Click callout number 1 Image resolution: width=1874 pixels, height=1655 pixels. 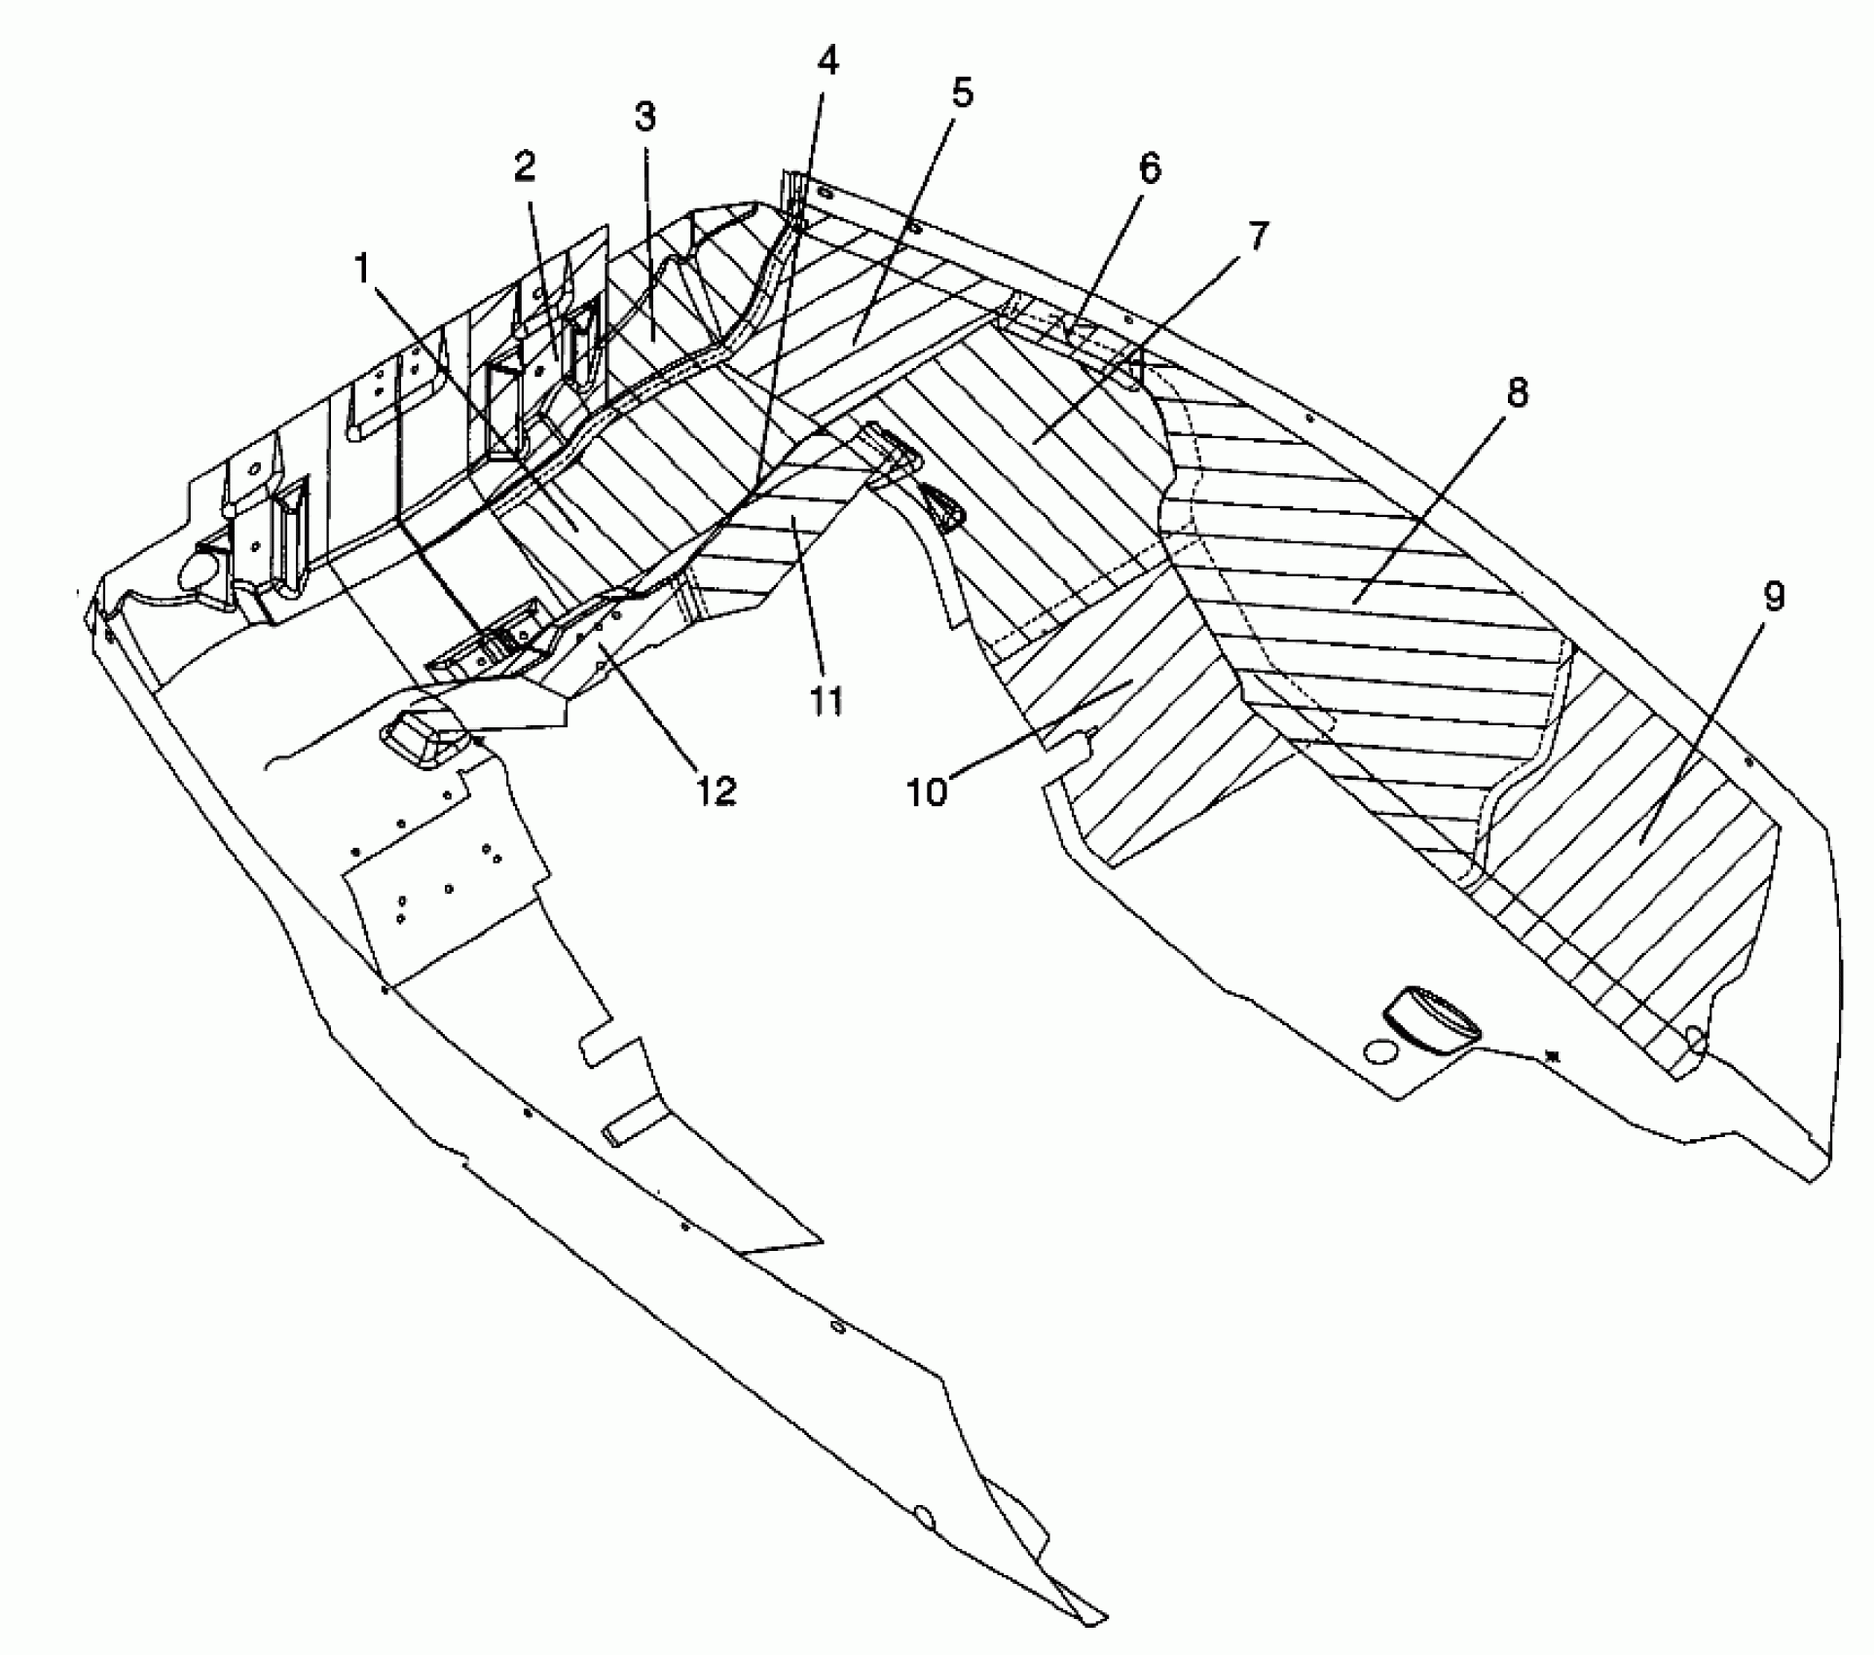tap(363, 268)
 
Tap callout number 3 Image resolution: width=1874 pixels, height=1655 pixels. tap(644, 117)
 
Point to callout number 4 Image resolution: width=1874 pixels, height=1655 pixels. tap(827, 60)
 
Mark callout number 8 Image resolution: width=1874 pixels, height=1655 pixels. tap(1517, 392)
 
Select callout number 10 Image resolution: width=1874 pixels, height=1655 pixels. tap(927, 791)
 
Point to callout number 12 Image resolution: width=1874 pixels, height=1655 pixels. tap(716, 790)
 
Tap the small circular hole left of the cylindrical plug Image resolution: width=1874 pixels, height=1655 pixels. tap(1380, 1051)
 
